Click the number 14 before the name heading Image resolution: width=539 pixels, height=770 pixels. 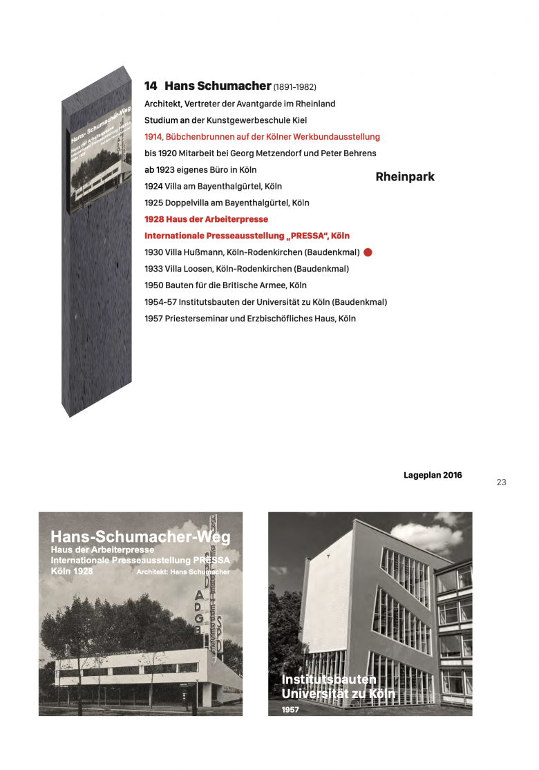coord(151,86)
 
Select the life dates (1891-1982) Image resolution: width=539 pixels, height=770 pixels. coord(295,88)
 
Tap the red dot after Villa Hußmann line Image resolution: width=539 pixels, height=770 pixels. coord(368,253)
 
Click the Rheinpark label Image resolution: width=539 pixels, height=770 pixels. coord(405,177)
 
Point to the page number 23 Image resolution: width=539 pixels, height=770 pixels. coord(502,482)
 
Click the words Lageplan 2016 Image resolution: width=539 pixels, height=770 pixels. coord(433,476)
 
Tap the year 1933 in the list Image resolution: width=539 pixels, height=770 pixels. coord(153,269)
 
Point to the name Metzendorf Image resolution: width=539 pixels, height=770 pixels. coord(291,153)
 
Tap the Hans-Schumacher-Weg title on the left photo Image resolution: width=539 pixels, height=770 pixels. coord(140,537)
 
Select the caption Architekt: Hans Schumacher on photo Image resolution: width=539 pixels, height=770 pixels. coord(183,572)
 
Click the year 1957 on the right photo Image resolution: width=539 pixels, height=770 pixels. coord(290,709)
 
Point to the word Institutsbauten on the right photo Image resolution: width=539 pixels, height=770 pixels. coord(328,679)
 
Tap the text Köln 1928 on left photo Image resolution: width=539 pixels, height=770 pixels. coord(72,572)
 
